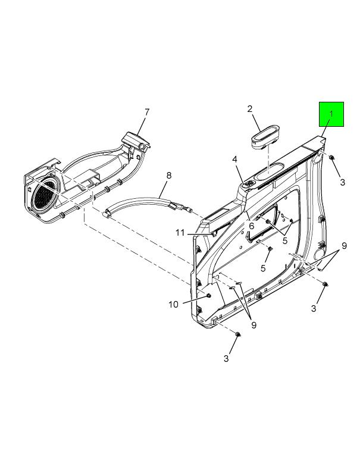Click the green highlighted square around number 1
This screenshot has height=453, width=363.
(x=331, y=114)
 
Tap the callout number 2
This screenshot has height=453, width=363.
(x=250, y=109)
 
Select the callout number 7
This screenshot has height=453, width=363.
(x=147, y=112)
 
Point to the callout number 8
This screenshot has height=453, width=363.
(x=168, y=176)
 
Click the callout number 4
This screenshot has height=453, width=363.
(x=235, y=159)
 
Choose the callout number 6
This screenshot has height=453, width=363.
(x=251, y=226)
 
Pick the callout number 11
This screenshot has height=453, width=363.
(x=180, y=233)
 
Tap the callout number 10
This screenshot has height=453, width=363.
(x=174, y=304)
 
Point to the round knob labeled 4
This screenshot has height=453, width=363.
(x=250, y=184)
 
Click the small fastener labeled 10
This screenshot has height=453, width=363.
(x=208, y=295)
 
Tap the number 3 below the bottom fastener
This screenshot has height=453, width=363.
(x=226, y=358)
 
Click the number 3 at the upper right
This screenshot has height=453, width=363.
(x=343, y=182)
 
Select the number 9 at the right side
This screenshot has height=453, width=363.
(x=344, y=246)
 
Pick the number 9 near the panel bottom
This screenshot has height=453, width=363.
(x=254, y=325)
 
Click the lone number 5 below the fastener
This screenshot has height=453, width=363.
(x=263, y=268)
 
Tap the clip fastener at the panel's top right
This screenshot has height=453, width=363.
(x=331, y=157)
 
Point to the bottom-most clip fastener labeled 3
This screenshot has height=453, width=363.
(x=238, y=335)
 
